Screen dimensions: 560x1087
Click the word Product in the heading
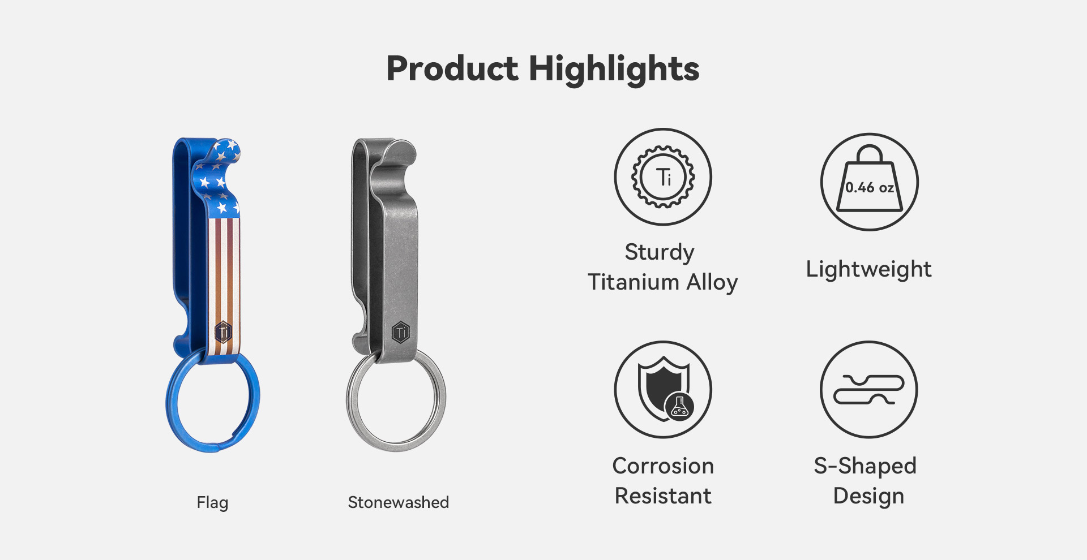[x=452, y=69]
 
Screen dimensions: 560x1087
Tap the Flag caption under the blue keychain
[x=212, y=502]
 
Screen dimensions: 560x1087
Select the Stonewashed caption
[x=398, y=502]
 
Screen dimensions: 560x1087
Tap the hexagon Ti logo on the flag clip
[x=223, y=331]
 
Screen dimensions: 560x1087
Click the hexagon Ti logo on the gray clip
[x=401, y=332]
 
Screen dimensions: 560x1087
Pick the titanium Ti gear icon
[x=663, y=177]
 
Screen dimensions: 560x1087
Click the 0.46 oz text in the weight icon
[x=870, y=188]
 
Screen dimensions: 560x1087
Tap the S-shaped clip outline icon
[x=869, y=390]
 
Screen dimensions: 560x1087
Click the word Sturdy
[x=660, y=252]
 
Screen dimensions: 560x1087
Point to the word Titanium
[x=634, y=282]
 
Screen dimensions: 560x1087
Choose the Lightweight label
[x=868, y=269]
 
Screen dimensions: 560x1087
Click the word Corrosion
[x=663, y=466]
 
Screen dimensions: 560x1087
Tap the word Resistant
[x=663, y=496]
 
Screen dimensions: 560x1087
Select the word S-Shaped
[x=865, y=466]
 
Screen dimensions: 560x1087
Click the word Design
[x=868, y=496]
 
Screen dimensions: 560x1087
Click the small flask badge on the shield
[x=679, y=407]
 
